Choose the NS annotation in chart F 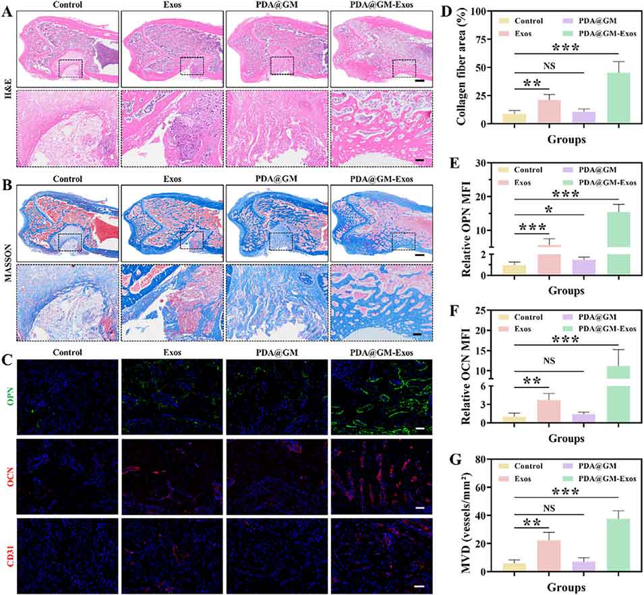click(550, 361)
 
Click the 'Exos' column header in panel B click(172, 179)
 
